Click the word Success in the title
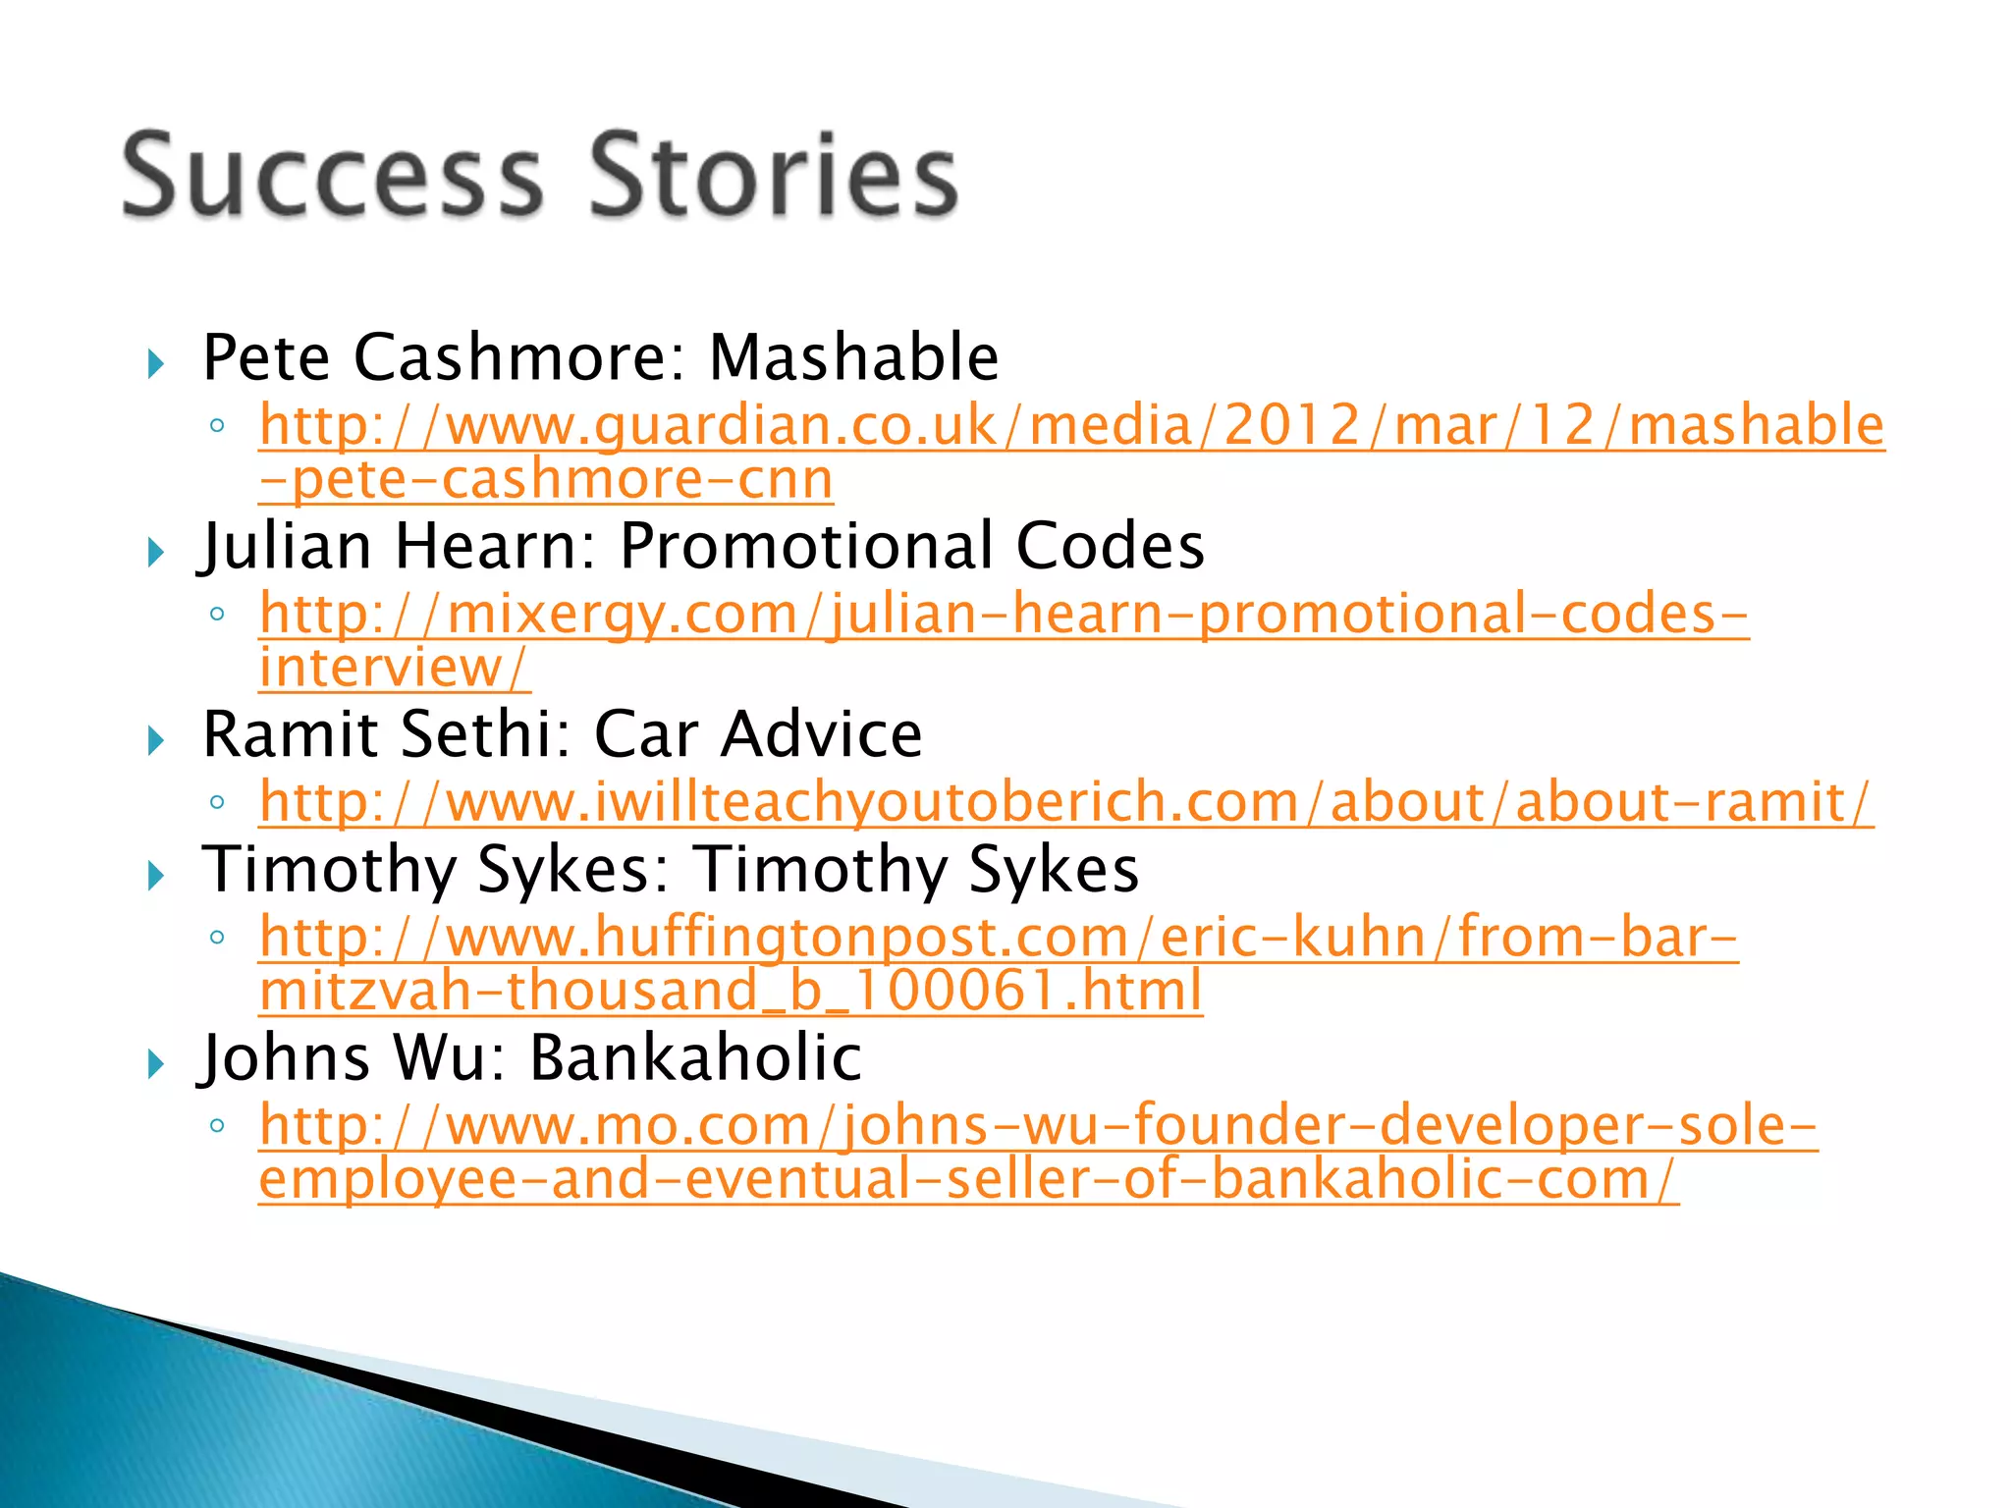point(332,176)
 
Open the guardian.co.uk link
point(1071,426)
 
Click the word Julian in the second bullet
point(286,546)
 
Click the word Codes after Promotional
point(1110,546)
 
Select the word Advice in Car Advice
point(821,734)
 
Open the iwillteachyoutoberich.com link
point(1066,803)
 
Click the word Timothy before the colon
point(329,870)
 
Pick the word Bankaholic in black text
point(695,1058)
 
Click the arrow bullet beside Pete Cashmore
point(155,365)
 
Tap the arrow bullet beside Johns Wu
point(155,1064)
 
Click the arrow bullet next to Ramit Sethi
point(155,741)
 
